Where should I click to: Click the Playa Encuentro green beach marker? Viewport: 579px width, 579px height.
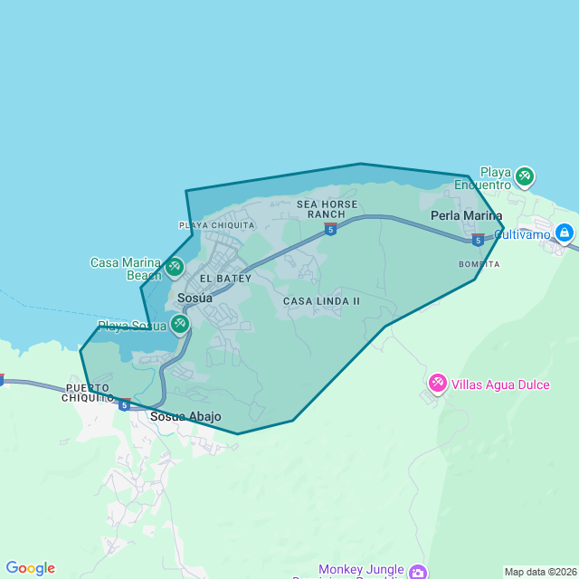click(x=524, y=177)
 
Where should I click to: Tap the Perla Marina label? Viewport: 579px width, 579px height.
click(x=466, y=215)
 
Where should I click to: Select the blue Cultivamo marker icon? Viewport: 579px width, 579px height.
click(x=564, y=233)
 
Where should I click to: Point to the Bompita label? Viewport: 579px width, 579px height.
click(x=479, y=264)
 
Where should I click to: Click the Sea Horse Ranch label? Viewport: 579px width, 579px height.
click(x=327, y=209)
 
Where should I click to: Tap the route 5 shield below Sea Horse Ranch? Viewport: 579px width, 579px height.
click(x=331, y=230)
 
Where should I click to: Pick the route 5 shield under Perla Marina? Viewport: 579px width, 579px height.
click(x=477, y=240)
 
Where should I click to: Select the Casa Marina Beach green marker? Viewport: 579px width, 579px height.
click(x=175, y=267)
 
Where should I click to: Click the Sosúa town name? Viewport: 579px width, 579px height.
click(x=195, y=298)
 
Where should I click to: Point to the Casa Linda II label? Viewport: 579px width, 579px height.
click(x=321, y=300)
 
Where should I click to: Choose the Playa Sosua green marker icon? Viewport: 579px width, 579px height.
click(x=180, y=324)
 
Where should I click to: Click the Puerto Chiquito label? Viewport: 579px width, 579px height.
click(x=88, y=393)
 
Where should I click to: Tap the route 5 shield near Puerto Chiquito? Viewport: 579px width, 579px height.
click(x=124, y=404)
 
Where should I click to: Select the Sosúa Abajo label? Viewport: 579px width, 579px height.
click(x=185, y=417)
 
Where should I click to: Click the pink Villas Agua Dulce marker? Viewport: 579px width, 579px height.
click(x=438, y=384)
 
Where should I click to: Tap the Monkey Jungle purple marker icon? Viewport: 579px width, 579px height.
click(x=417, y=572)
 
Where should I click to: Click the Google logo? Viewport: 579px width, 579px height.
click(x=30, y=568)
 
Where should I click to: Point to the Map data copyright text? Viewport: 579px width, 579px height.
click(x=540, y=572)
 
